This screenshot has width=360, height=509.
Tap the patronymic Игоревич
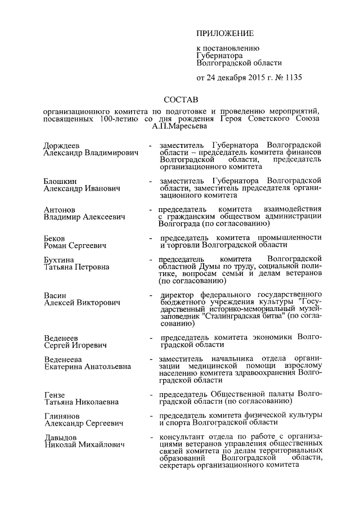(89, 345)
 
